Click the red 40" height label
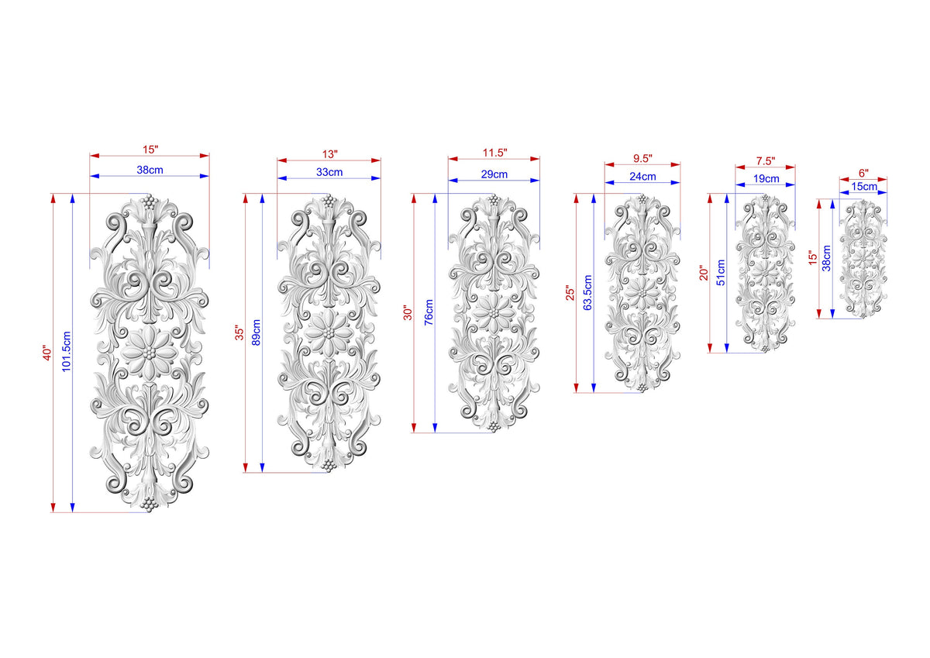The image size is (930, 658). (x=47, y=353)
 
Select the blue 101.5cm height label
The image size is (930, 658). (x=67, y=351)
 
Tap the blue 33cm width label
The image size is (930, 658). (x=329, y=172)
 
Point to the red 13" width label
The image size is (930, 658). (x=330, y=154)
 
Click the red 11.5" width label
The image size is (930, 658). (x=494, y=153)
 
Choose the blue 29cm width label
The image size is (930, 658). (x=494, y=174)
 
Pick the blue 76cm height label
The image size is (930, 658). (x=429, y=312)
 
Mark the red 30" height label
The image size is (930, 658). (x=408, y=313)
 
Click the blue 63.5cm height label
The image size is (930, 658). (x=587, y=292)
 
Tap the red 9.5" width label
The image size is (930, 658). (x=642, y=158)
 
